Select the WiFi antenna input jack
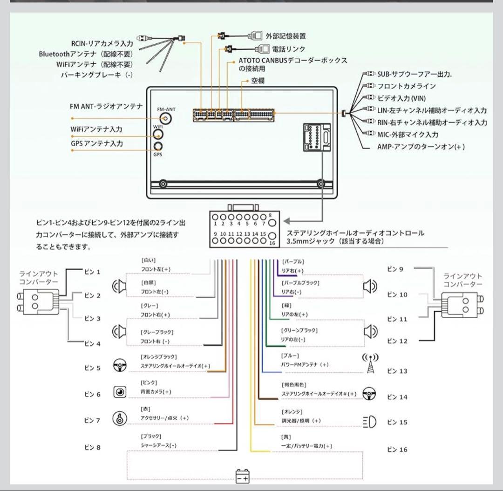click(x=158, y=135)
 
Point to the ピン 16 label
click(x=397, y=450)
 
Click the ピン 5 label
click(x=92, y=368)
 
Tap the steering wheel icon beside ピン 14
click(x=369, y=394)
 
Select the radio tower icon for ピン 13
click(x=370, y=364)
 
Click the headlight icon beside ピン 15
click(x=369, y=422)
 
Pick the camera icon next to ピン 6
click(x=120, y=392)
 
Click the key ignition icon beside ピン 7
click(x=119, y=418)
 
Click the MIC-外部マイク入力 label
click(x=408, y=135)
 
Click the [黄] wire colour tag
click(x=286, y=437)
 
